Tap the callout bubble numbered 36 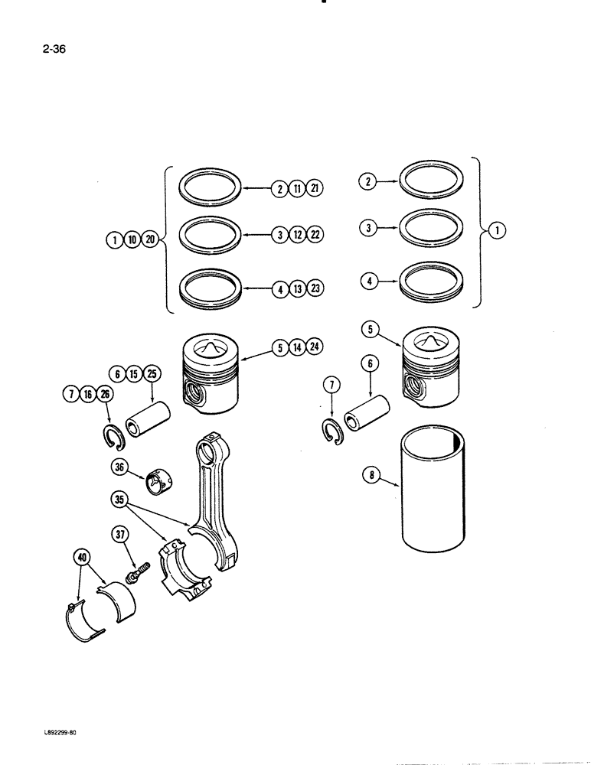coord(119,469)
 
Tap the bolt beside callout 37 coord(138,571)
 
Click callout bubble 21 coord(314,188)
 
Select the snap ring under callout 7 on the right coord(331,430)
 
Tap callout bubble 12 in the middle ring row coord(297,235)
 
